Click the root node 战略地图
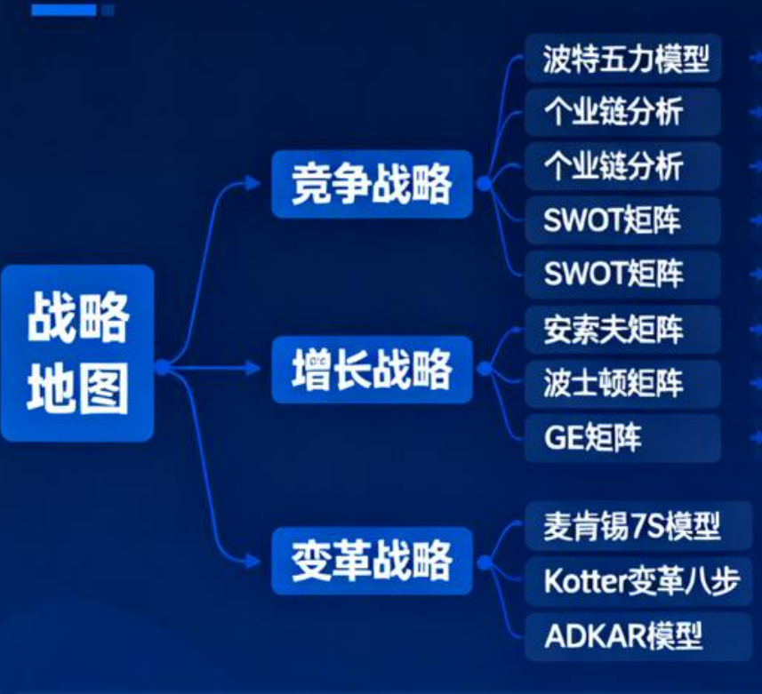pyautogui.click(x=77, y=353)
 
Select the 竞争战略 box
pyautogui.click(x=372, y=184)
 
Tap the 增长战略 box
pyautogui.click(x=372, y=369)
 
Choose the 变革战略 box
pyautogui.click(x=372, y=561)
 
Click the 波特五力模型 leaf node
pyautogui.click(x=623, y=59)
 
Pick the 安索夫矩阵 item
pyautogui.click(x=623, y=330)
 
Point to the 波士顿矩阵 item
pyautogui.click(x=623, y=384)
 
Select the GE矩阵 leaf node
pyautogui.click(x=623, y=438)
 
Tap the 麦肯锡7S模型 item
pyautogui.click(x=638, y=526)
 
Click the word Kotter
pyautogui.click(x=586, y=581)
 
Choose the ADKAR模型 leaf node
pyautogui.click(x=638, y=636)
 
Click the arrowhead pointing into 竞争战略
pyautogui.click(x=253, y=183)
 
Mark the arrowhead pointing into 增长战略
pyautogui.click(x=253, y=369)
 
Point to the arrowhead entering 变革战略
pyautogui.click(x=253, y=562)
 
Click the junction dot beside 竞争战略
pyautogui.click(x=484, y=184)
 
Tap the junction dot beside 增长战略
pyautogui.click(x=484, y=369)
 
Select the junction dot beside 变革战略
pyautogui.click(x=484, y=562)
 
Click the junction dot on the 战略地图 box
pyautogui.click(x=163, y=368)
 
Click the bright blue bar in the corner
pyautogui.click(x=64, y=10)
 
